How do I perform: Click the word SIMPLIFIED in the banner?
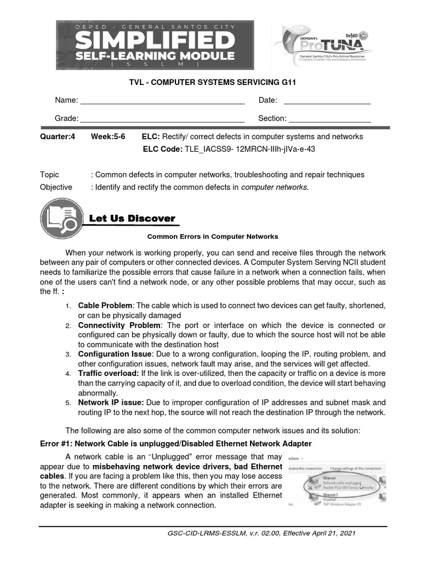pyautogui.click(x=155, y=41)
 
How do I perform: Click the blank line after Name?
pyautogui.click(x=162, y=101)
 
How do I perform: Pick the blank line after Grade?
pyautogui.click(x=162, y=119)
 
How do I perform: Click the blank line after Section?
pyautogui.click(x=329, y=119)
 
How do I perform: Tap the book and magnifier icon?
pyautogui.click(x=60, y=219)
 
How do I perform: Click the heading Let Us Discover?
pyautogui.click(x=132, y=219)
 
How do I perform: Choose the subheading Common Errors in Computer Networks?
pyautogui.click(x=213, y=237)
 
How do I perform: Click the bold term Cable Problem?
pyautogui.click(x=105, y=305)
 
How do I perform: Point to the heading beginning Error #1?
pyautogui.click(x=176, y=443)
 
